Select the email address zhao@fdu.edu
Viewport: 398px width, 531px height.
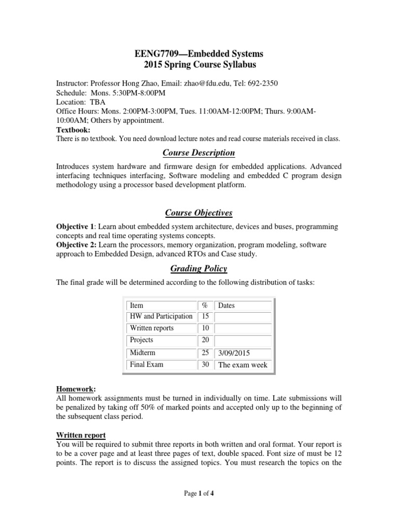207,83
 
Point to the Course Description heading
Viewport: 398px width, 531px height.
198,153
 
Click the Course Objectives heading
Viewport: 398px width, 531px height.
198,213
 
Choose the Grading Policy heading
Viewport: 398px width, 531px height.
199,269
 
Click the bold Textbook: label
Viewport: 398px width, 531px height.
73,130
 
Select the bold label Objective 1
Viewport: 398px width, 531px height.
75,227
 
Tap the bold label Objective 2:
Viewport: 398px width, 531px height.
76,244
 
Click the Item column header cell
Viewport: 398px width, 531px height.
136,306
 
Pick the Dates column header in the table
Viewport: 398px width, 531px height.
227,306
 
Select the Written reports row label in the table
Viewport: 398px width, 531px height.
152,328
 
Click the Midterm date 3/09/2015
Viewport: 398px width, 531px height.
234,353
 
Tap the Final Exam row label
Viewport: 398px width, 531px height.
147,365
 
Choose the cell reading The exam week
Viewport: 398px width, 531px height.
243,365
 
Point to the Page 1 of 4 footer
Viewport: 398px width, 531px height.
199,494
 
